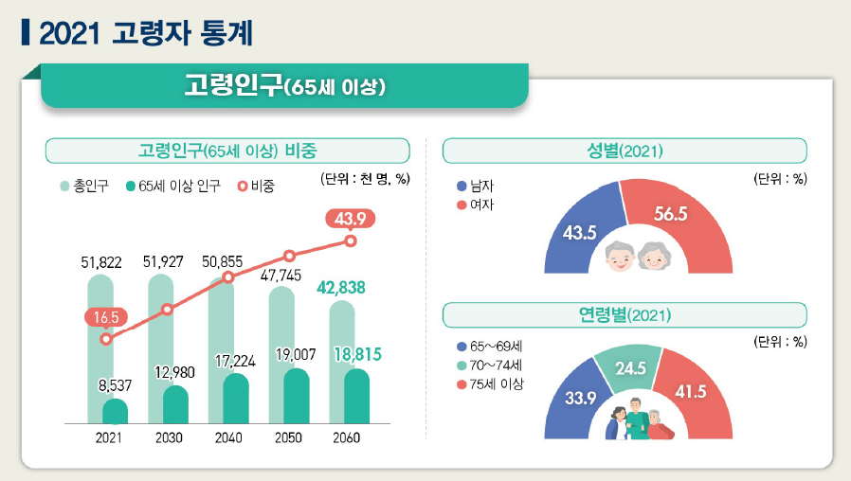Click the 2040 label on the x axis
228,438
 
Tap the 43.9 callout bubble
351,219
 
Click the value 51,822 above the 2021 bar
101,262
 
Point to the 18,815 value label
357,354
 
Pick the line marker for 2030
168,309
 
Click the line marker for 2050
290,256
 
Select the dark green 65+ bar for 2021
115,412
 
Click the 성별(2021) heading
625,151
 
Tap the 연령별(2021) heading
625,315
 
